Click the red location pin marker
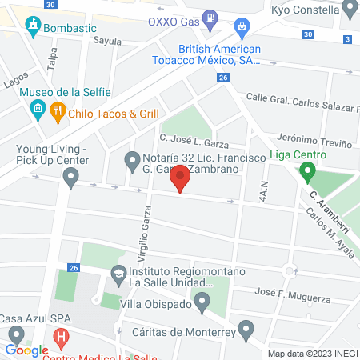point(182,179)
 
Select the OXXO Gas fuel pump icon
point(209,15)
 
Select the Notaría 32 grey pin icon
point(133,162)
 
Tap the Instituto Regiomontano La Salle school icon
point(119,274)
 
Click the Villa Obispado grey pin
point(202,302)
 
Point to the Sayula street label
point(107,41)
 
